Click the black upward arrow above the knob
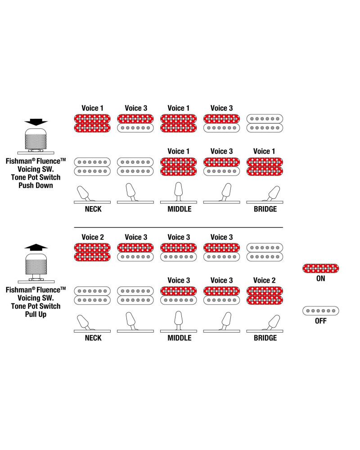36,246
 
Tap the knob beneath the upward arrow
36,265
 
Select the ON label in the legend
320,279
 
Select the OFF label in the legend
320,321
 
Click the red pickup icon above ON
320,269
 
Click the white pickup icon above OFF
320,311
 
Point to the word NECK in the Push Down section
93,209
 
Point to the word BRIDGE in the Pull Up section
265,337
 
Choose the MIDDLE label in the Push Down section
179,209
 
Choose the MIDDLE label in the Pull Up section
179,337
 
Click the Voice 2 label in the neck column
93,237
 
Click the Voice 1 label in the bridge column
265,151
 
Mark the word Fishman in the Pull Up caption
19,290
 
